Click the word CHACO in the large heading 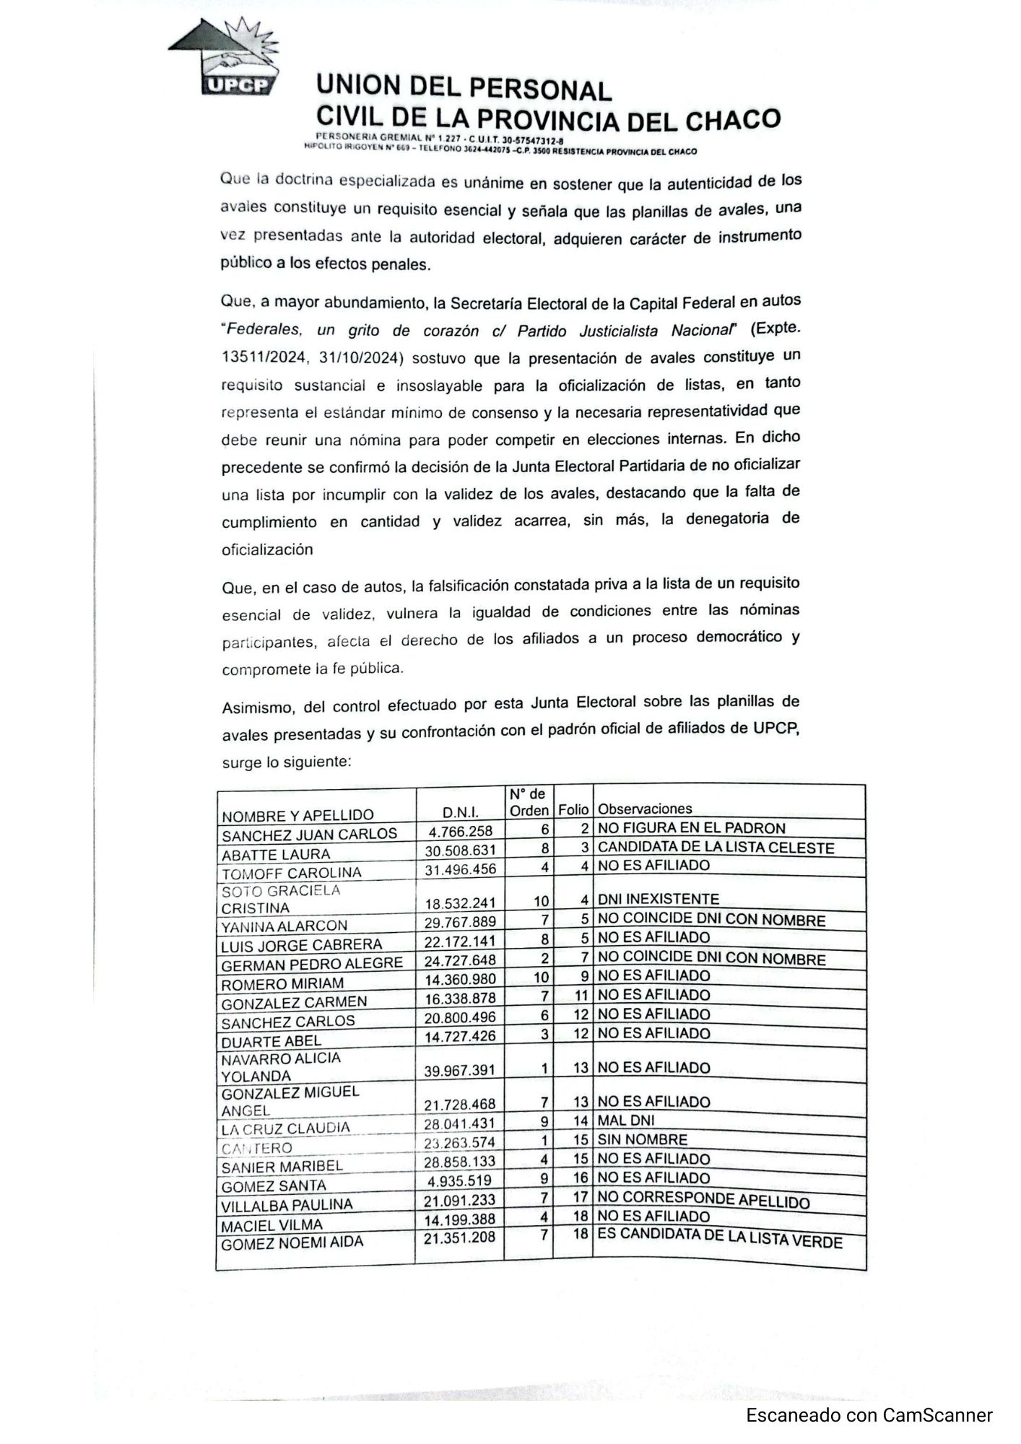click(732, 120)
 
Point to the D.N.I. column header click(461, 814)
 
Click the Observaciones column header click(645, 809)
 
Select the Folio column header click(573, 810)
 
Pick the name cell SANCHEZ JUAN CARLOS click(309, 835)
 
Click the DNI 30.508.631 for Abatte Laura click(461, 851)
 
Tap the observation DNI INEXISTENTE click(659, 899)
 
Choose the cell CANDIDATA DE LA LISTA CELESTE click(716, 848)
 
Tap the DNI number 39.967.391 click(460, 1071)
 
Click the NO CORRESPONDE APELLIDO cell click(703, 1200)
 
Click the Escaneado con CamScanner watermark click(869, 1415)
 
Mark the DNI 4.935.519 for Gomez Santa click(460, 1180)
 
